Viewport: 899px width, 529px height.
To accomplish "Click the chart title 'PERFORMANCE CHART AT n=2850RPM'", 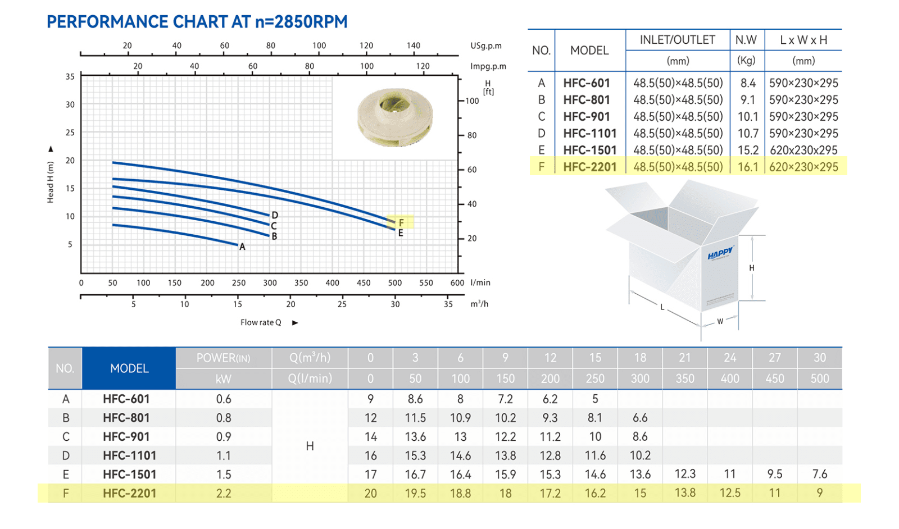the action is [x=197, y=22].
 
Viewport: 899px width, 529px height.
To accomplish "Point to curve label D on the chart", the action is [x=275, y=216].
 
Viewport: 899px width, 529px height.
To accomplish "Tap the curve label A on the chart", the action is [x=242, y=247].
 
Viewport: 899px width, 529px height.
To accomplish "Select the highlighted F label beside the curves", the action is [x=401, y=222].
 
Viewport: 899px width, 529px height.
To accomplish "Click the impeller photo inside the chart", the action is [x=395, y=117].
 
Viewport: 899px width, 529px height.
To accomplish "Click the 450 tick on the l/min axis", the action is [x=364, y=282].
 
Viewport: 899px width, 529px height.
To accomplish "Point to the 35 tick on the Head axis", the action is [x=70, y=76].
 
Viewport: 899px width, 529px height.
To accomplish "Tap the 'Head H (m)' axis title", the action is [x=50, y=183].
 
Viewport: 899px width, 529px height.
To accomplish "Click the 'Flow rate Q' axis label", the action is [x=261, y=322].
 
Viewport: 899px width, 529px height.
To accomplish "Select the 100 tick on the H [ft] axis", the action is [x=473, y=101].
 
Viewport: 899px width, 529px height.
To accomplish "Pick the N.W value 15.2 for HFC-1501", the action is [x=748, y=150].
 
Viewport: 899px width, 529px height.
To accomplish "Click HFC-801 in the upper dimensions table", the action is [x=587, y=100].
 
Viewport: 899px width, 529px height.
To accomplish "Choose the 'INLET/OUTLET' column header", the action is [x=678, y=40].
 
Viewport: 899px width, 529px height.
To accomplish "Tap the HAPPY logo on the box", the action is [x=720, y=253].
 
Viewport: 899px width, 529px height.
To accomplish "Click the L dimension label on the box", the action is [x=662, y=307].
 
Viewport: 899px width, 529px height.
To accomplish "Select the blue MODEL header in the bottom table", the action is [x=129, y=368].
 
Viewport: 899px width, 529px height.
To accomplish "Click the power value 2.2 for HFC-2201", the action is [x=224, y=493].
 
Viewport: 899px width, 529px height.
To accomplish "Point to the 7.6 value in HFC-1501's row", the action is [x=820, y=474].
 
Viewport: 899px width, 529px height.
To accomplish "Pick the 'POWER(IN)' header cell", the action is [x=223, y=358].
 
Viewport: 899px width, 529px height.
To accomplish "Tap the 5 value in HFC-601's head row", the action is [x=595, y=399].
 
